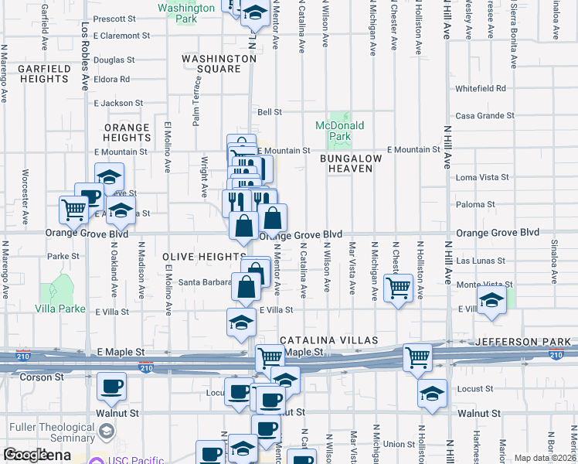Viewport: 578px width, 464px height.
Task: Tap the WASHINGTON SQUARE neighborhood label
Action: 219,63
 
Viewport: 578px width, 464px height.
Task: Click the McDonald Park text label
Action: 339,131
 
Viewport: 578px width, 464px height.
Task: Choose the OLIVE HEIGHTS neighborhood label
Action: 205,256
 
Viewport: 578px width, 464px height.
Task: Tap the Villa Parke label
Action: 59,309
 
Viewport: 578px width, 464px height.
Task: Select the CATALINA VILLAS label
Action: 328,340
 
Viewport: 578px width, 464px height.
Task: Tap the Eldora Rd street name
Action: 112,79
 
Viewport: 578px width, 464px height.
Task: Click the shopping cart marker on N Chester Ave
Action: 398,288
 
